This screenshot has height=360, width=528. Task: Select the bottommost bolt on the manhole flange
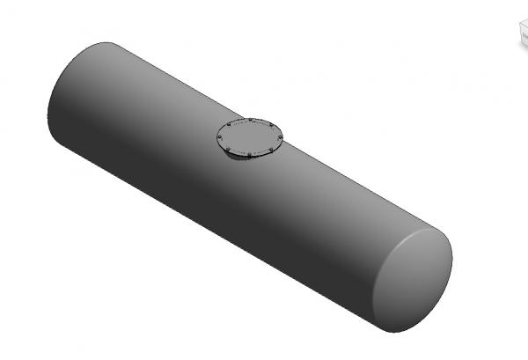(x=250, y=156)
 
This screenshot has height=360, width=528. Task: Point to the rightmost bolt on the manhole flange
(x=279, y=137)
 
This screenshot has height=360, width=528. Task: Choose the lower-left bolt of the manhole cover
(x=228, y=150)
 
